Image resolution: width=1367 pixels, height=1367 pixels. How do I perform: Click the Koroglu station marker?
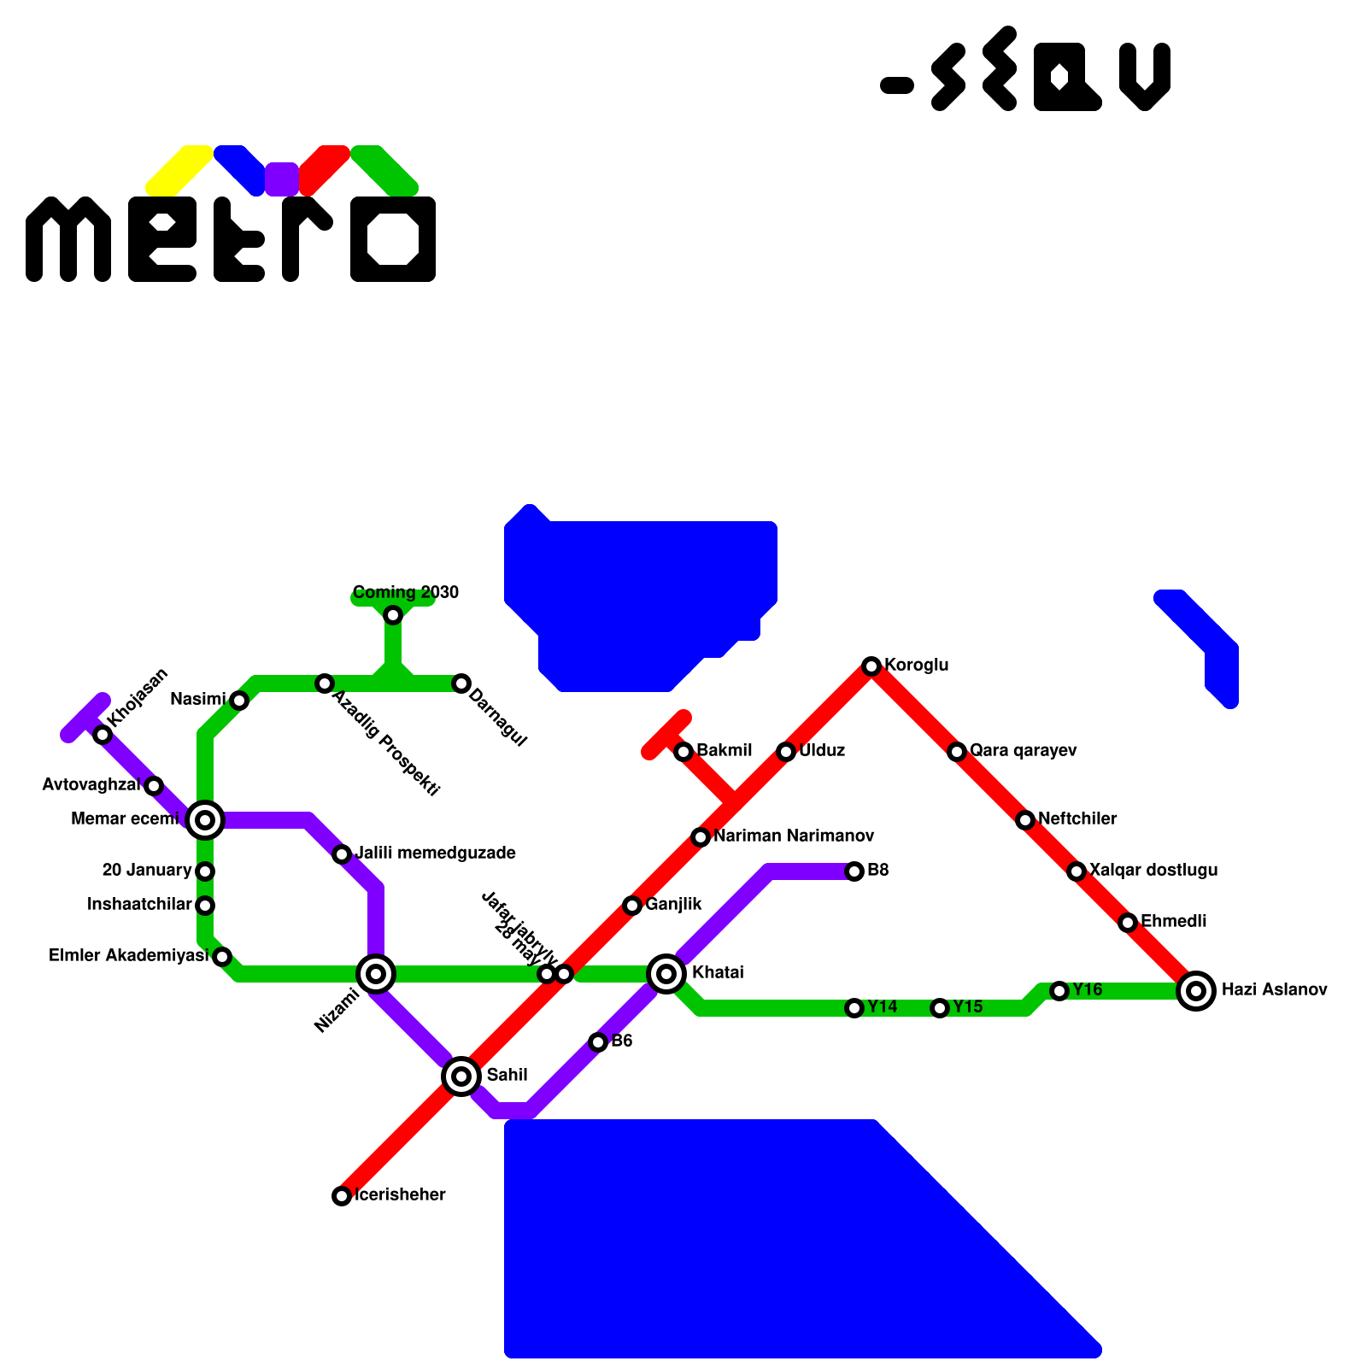871,666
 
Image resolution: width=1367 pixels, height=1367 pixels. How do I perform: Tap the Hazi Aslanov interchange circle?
1196,991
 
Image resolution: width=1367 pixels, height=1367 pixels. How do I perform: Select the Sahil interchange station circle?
461,1077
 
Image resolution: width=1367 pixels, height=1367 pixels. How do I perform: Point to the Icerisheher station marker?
342,1196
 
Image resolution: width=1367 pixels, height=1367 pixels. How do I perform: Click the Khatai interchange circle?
666,974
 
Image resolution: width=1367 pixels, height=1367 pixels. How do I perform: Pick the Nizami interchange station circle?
376,974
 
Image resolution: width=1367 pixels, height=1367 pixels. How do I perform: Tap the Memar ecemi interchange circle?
205,820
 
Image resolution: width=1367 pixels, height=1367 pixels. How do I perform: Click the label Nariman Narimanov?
794,836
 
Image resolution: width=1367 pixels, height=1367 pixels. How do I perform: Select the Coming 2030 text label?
406,592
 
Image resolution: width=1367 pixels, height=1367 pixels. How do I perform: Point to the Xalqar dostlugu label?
1153,870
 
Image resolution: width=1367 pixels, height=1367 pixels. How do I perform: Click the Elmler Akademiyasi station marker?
222,957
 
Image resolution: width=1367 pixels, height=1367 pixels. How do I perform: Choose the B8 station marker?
854,871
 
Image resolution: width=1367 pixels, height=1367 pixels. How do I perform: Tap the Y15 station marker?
940,1008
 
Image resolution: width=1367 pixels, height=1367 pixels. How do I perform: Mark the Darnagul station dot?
461,683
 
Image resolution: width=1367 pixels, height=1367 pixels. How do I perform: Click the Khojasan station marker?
103,735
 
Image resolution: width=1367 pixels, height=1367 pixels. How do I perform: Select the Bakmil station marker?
683,752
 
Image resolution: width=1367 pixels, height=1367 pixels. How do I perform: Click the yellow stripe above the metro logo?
179,169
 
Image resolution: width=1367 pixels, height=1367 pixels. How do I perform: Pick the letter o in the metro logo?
393,239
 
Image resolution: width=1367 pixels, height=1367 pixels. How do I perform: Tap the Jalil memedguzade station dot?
342,854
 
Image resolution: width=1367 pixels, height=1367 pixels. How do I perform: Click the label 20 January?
147,871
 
